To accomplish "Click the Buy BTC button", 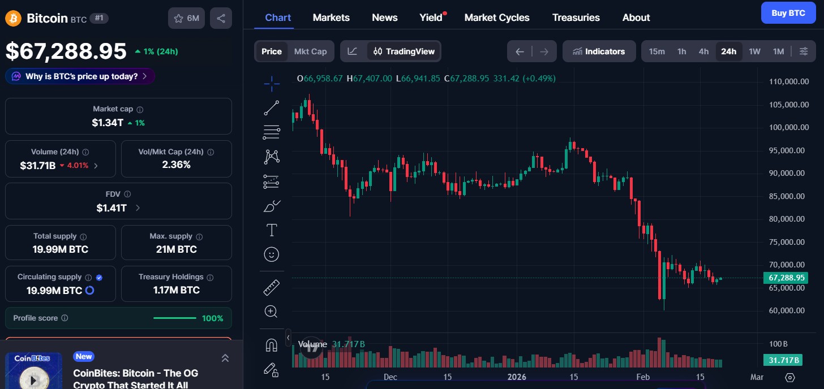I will [x=788, y=13].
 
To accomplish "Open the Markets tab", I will [x=331, y=18].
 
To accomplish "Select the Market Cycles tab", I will [x=497, y=18].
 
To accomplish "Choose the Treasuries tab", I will [x=576, y=18].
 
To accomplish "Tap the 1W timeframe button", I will [x=754, y=51].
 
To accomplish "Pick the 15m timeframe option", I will [x=656, y=51].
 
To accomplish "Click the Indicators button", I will [x=599, y=51].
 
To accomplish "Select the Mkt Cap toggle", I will [x=310, y=51].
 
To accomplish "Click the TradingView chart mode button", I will [x=404, y=51].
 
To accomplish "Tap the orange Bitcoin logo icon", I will [x=13, y=18].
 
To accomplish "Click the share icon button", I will [x=221, y=18].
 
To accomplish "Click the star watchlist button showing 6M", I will [x=186, y=18].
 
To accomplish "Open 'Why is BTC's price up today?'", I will [x=80, y=76].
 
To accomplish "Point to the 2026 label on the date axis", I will [x=517, y=377].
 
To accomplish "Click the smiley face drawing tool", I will [x=272, y=254].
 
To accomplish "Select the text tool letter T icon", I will [x=272, y=230].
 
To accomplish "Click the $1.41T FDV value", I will [x=111, y=208].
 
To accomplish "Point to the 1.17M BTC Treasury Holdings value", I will [x=176, y=290].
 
